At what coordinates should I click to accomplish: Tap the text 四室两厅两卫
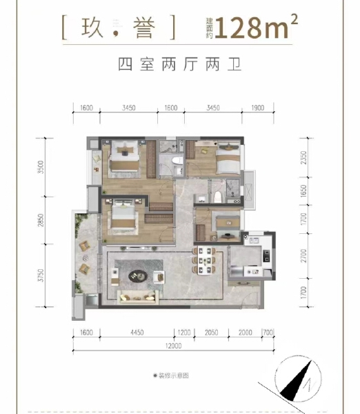[180, 67]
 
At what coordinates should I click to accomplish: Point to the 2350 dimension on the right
[303, 159]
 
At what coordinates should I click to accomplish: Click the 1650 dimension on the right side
[303, 190]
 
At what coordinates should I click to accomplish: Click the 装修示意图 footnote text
[171, 375]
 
